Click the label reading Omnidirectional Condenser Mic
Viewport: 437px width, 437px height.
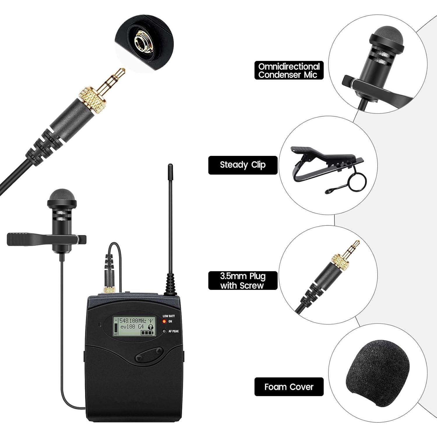point(289,71)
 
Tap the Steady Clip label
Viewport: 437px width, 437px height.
point(243,165)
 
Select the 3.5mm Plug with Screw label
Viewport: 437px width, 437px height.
point(243,281)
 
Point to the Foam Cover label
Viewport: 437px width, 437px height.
point(289,387)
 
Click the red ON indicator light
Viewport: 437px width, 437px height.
point(164,321)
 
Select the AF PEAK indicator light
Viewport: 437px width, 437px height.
point(164,331)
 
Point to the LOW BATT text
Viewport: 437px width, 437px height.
point(168,316)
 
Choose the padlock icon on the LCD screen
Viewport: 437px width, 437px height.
point(151,327)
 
